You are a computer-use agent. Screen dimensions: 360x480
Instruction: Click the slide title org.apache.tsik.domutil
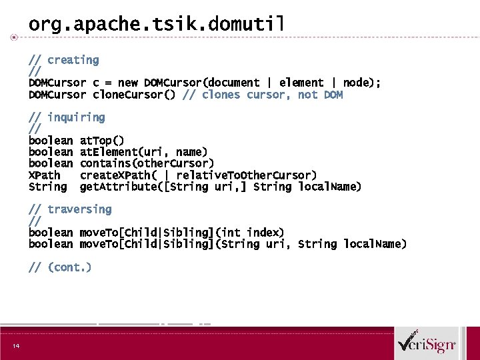point(156,25)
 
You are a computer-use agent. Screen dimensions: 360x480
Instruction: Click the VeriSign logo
point(427,344)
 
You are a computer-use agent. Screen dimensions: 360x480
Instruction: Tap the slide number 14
point(15,345)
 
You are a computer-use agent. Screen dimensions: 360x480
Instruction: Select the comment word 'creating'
point(73,60)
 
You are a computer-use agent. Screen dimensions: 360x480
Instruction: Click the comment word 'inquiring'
point(76,117)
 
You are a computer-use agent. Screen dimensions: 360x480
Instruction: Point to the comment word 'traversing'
point(79,209)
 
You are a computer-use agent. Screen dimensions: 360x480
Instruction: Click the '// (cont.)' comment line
point(60,267)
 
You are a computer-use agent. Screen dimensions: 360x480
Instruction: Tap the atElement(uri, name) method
point(143,152)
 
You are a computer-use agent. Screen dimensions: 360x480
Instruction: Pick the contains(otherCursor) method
point(147,163)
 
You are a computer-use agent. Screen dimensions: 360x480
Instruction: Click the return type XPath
point(44,175)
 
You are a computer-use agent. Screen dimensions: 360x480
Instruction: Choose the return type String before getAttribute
point(47,187)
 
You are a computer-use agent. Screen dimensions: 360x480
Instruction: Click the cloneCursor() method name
point(134,95)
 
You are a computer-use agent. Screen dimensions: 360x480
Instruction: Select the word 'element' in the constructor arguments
point(301,83)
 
